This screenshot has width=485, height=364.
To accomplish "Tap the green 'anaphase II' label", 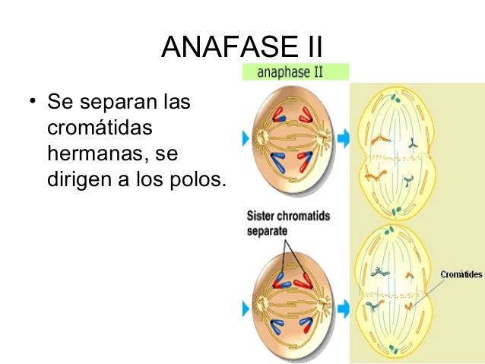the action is [296, 72].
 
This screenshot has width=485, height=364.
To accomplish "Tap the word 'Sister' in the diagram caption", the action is [261, 216].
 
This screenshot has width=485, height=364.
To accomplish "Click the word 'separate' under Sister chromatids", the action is [266, 229].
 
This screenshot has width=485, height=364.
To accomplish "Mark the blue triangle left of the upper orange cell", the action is [246, 138].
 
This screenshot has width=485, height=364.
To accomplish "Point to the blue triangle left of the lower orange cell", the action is [246, 308].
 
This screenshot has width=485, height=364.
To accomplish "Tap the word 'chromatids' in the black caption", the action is [303, 216].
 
